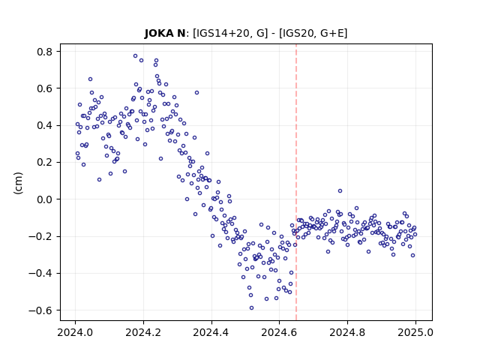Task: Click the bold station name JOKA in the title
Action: [159, 33]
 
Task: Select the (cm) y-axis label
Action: [18, 183]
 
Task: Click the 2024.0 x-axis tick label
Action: [75, 332]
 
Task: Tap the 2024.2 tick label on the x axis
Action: [143, 332]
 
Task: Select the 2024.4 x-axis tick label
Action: [211, 332]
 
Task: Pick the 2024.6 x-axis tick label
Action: [279, 332]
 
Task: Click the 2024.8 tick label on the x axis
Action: [347, 332]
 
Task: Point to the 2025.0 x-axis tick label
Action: [415, 332]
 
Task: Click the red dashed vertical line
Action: [296, 182]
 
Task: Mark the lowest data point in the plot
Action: [252, 308]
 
